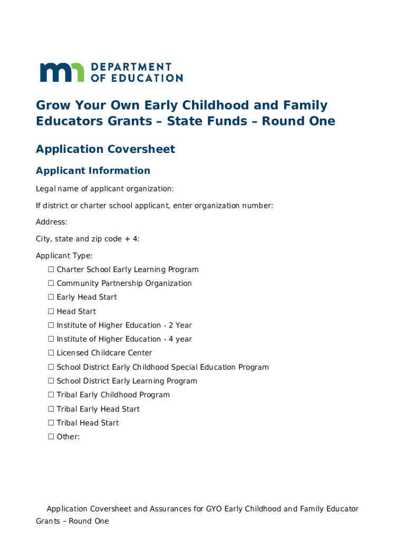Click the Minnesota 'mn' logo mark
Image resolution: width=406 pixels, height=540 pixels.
click(62, 72)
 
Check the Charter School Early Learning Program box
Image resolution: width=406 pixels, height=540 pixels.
click(51, 269)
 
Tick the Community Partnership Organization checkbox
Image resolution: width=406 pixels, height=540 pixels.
click(51, 283)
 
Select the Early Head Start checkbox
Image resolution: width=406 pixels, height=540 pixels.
click(51, 297)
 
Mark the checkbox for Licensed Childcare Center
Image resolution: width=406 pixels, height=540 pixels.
click(51, 353)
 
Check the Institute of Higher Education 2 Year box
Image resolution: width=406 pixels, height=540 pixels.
click(51, 325)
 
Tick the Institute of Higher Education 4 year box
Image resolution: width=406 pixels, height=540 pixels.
click(51, 339)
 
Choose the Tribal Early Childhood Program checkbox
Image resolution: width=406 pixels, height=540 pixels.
click(51, 395)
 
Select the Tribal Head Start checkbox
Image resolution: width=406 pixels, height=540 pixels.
click(51, 423)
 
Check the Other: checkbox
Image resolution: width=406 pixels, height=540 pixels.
click(51, 437)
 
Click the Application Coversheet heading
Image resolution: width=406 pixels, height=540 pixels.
click(105, 149)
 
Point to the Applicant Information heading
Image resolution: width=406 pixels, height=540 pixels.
click(93, 170)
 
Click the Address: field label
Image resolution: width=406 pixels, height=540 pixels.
click(51, 222)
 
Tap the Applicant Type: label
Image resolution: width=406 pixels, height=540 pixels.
click(64, 256)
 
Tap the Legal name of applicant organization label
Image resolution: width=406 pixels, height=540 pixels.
click(104, 189)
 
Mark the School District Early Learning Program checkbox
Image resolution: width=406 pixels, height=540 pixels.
click(51, 381)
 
